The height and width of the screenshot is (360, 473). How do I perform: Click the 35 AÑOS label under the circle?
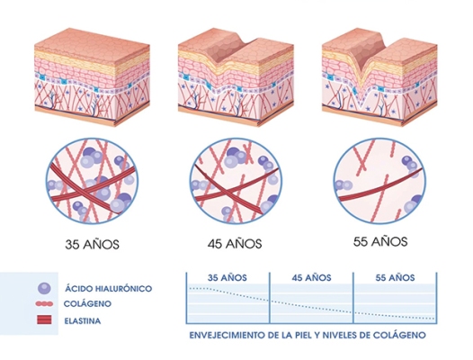click(92, 244)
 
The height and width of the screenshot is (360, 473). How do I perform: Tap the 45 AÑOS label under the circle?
click(235, 243)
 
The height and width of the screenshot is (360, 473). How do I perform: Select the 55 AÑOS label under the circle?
click(380, 241)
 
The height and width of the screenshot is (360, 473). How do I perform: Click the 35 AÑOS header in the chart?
click(228, 277)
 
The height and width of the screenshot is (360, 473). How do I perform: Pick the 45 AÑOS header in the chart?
click(311, 277)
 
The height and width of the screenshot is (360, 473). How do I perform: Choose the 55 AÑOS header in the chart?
click(395, 277)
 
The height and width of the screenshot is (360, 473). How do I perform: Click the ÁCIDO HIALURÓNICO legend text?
click(108, 288)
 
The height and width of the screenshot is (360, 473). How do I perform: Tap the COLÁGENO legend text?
click(87, 303)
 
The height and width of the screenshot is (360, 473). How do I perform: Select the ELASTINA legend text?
click(83, 320)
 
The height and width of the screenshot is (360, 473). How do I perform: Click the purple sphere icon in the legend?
click(44, 288)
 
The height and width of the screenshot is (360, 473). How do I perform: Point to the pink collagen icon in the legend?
click(44, 304)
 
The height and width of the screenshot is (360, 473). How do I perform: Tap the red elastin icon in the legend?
click(44, 319)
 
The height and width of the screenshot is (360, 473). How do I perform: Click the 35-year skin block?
click(92, 77)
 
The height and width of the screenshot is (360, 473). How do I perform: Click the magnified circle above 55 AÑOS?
click(379, 181)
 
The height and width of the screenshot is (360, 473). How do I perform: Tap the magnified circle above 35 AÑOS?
click(92, 181)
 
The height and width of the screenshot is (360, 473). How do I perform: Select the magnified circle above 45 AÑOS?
click(236, 181)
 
